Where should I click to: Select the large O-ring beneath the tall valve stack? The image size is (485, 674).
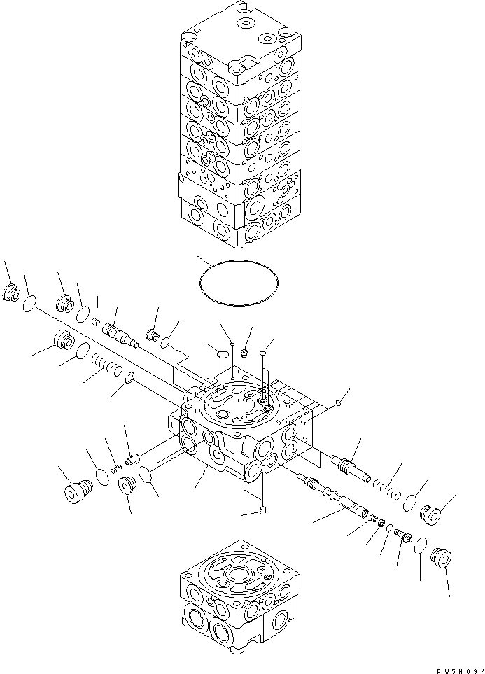coord(239,281)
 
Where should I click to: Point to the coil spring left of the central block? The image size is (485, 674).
coord(107,365)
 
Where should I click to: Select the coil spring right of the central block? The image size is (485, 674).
coord(386,489)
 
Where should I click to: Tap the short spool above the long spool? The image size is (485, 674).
coord(354,466)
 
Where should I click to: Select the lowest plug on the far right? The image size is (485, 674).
coord(442,558)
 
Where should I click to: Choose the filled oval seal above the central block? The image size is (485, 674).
coord(219,354)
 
